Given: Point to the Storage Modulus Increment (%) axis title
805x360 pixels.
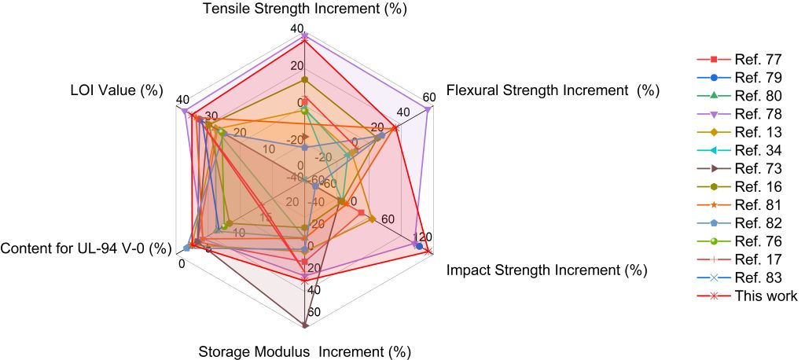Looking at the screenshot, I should [x=305, y=351].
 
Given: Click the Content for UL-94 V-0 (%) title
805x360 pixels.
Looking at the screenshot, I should [x=86, y=248].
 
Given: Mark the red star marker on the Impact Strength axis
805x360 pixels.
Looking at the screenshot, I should [x=428, y=250].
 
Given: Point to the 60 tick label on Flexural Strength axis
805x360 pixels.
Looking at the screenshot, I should [x=428, y=98].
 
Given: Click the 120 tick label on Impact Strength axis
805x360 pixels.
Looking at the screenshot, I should [x=423, y=237].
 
